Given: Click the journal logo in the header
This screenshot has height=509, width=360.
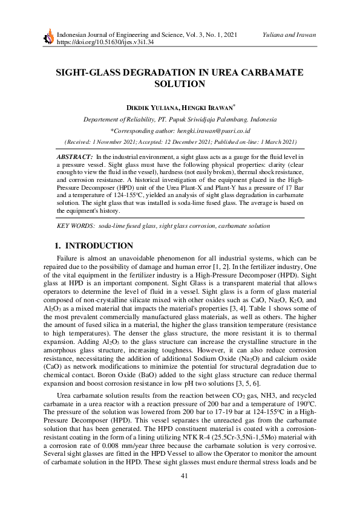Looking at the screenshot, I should point(47,39).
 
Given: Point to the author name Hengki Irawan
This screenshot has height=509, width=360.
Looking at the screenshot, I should point(206,107).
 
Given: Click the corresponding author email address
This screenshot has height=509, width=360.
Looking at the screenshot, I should point(212,130).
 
